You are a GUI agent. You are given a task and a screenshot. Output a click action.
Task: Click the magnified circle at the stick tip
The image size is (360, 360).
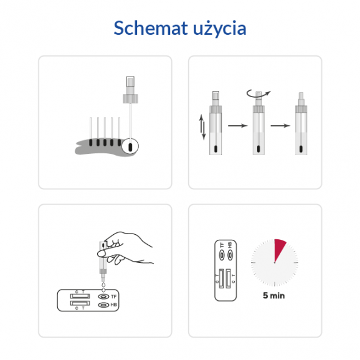[130, 147]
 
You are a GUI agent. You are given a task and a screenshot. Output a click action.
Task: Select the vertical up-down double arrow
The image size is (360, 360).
[201, 126]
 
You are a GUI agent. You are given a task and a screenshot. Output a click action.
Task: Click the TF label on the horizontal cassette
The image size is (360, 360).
[114, 296]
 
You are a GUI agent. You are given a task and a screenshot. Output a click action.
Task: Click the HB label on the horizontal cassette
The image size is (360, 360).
[114, 305]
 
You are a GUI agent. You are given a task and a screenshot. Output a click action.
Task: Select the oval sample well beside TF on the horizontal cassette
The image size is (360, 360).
[102, 296]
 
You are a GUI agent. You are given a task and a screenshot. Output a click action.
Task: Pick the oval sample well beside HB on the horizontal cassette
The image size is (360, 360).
[102, 305]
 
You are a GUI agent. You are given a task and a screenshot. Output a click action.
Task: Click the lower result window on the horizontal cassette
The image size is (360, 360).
[80, 303]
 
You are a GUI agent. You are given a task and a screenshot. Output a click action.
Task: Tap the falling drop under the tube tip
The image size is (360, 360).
[103, 287]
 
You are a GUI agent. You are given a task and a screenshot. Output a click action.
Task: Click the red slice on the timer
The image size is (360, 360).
[280, 249]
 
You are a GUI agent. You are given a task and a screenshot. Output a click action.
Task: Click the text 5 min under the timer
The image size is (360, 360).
[273, 296]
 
